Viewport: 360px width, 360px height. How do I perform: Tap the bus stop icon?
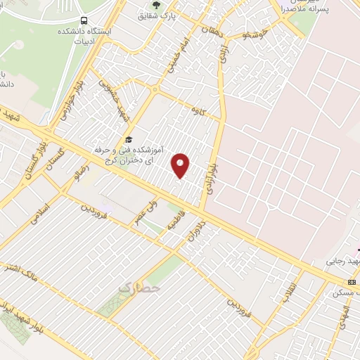click(84, 20)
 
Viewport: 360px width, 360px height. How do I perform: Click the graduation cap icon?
click(127, 139)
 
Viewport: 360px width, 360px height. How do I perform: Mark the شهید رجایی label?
click(340, 262)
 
